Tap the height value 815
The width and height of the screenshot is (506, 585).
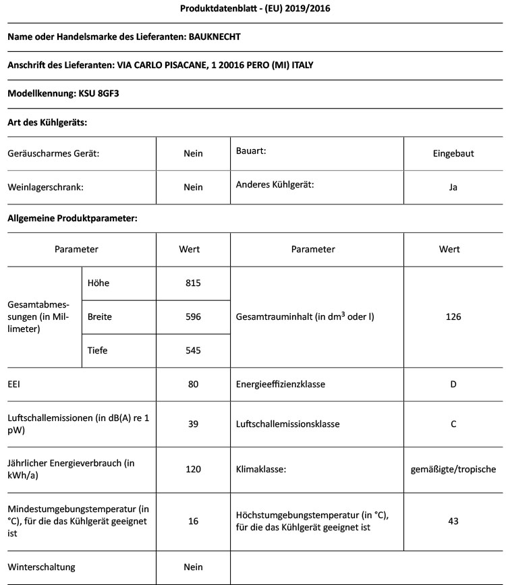193,283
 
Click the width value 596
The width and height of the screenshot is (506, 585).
193,316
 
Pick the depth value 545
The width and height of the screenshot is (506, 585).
193,350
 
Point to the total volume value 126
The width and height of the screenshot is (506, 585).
453,316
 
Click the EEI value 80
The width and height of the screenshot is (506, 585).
193,384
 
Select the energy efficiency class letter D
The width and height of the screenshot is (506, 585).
453,384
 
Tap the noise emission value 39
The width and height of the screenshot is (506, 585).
193,424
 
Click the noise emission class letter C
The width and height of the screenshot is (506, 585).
453,424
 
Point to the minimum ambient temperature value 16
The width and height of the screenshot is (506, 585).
193,521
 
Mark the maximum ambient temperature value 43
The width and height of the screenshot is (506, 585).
453,521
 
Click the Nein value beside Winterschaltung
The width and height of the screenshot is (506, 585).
193,567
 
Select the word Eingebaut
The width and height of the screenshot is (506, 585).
453,153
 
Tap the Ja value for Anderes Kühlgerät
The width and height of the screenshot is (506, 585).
453,187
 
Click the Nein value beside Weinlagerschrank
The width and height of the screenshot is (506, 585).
193,187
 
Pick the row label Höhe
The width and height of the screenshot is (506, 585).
99,283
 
